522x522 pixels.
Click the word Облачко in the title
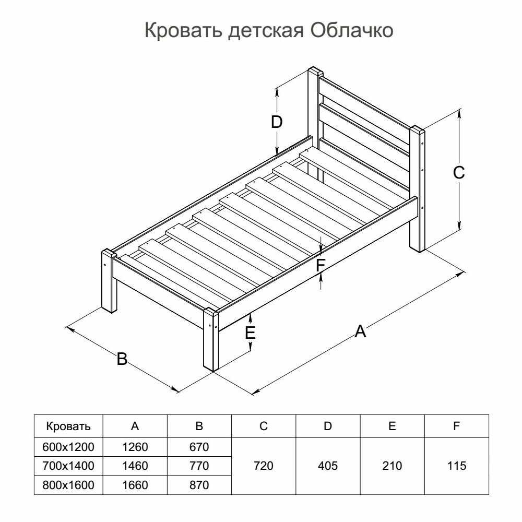click(x=352, y=30)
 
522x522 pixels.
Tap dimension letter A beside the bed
click(x=360, y=331)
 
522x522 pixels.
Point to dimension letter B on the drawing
click(x=122, y=359)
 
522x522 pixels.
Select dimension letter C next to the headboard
click(x=459, y=172)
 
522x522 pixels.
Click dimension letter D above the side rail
click(x=277, y=122)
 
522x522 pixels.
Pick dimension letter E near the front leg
click(x=250, y=333)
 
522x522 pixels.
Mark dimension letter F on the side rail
click(x=321, y=265)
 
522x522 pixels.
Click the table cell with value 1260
click(x=135, y=447)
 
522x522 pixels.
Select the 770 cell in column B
click(x=199, y=466)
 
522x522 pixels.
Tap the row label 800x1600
click(x=68, y=485)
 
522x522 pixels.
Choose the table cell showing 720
click(x=263, y=466)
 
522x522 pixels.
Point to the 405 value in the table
click(x=328, y=466)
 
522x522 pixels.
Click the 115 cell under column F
click(x=456, y=466)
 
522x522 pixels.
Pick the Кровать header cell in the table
click(x=68, y=426)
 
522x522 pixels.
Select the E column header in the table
click(x=392, y=426)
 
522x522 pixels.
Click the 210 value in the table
click(x=392, y=466)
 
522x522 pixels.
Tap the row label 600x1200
click(x=68, y=447)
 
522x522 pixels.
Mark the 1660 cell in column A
click(x=135, y=485)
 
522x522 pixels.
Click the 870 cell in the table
click(x=199, y=485)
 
